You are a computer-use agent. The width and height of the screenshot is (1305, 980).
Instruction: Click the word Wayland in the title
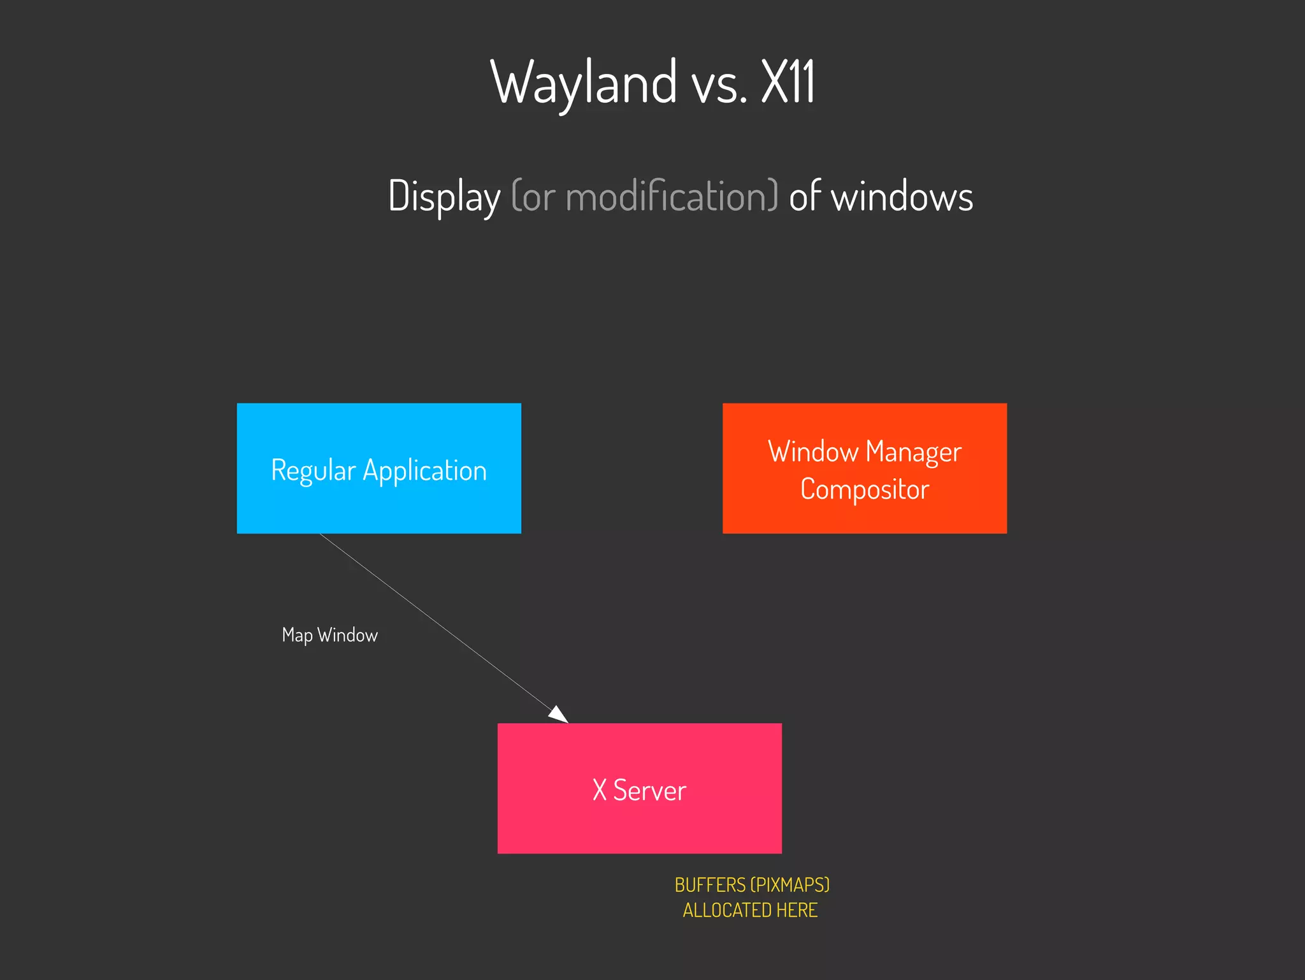[x=583, y=83]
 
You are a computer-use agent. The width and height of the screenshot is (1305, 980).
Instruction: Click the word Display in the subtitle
[x=444, y=196]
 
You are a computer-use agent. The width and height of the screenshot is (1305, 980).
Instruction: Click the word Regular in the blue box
[x=313, y=471]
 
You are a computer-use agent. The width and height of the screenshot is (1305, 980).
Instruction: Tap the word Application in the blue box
[x=424, y=471]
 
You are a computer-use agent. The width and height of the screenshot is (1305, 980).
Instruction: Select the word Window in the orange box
[x=812, y=451]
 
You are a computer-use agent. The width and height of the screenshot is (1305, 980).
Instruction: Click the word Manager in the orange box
[x=913, y=453]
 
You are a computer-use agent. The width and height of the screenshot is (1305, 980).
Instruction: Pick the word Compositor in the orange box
[x=865, y=490]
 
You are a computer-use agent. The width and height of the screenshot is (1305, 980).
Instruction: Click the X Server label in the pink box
[x=639, y=790]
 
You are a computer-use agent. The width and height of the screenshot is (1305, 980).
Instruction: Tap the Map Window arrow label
[x=329, y=635]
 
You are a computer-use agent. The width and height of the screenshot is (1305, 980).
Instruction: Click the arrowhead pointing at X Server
[x=559, y=715]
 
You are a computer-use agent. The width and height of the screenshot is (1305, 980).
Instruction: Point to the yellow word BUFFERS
[x=709, y=885]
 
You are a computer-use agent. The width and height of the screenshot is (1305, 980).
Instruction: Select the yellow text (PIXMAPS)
[x=790, y=885]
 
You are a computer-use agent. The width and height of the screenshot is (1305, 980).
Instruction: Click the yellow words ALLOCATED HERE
[x=750, y=910]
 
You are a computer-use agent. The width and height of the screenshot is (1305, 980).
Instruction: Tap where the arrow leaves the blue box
[x=321, y=534]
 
